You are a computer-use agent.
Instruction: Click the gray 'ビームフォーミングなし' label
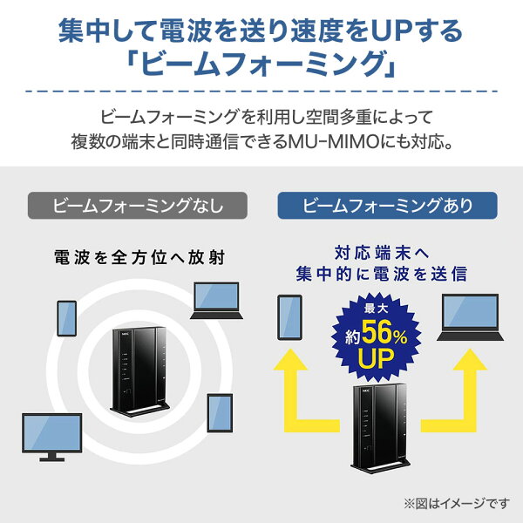138,205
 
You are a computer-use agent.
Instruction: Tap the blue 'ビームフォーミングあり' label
387,205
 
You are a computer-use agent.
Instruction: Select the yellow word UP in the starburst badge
376,358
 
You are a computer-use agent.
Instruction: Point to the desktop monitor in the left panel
52,438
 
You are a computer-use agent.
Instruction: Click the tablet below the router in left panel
220,413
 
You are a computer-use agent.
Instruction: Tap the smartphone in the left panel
67,318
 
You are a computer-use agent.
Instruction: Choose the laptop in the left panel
216,301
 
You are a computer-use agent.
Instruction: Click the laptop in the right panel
471,317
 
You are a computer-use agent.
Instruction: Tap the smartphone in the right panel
290,317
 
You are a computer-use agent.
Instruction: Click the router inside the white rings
139,372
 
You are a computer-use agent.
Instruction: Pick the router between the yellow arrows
380,429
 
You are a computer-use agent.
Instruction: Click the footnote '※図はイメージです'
457,504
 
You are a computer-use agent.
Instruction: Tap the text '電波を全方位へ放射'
139,257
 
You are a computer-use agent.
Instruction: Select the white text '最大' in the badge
376,309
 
